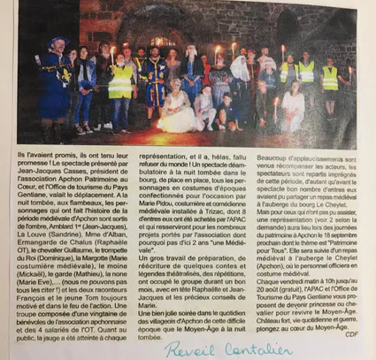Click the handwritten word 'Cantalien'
point(243,348)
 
